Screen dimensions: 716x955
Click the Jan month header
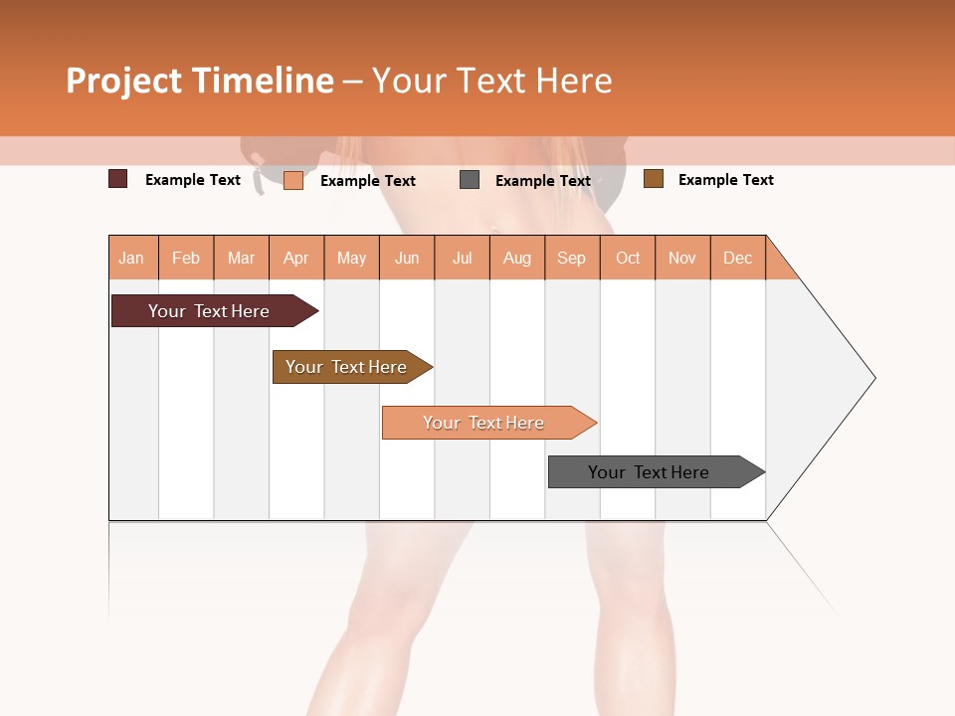pyautogui.click(x=132, y=258)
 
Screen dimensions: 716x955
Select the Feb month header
pyautogui.click(x=186, y=258)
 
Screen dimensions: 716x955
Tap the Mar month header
pyautogui.click(x=241, y=258)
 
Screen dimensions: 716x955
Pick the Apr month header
pyautogui.click(x=296, y=258)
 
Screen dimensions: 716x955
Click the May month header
pyautogui.click(x=351, y=258)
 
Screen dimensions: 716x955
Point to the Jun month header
pyautogui.click(x=407, y=258)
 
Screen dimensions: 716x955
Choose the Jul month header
pyautogui.click(x=462, y=258)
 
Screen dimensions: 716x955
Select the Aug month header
pyautogui.click(x=517, y=258)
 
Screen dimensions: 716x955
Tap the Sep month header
pyautogui.click(x=572, y=258)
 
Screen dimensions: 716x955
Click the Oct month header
pyautogui.click(x=628, y=258)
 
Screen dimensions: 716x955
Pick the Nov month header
pyautogui.click(x=682, y=258)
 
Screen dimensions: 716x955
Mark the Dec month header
pyautogui.click(x=738, y=258)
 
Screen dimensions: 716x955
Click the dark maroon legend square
pyautogui.click(x=118, y=179)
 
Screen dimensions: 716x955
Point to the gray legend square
pyautogui.click(x=470, y=180)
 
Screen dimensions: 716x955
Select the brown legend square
pyautogui.click(x=654, y=179)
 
